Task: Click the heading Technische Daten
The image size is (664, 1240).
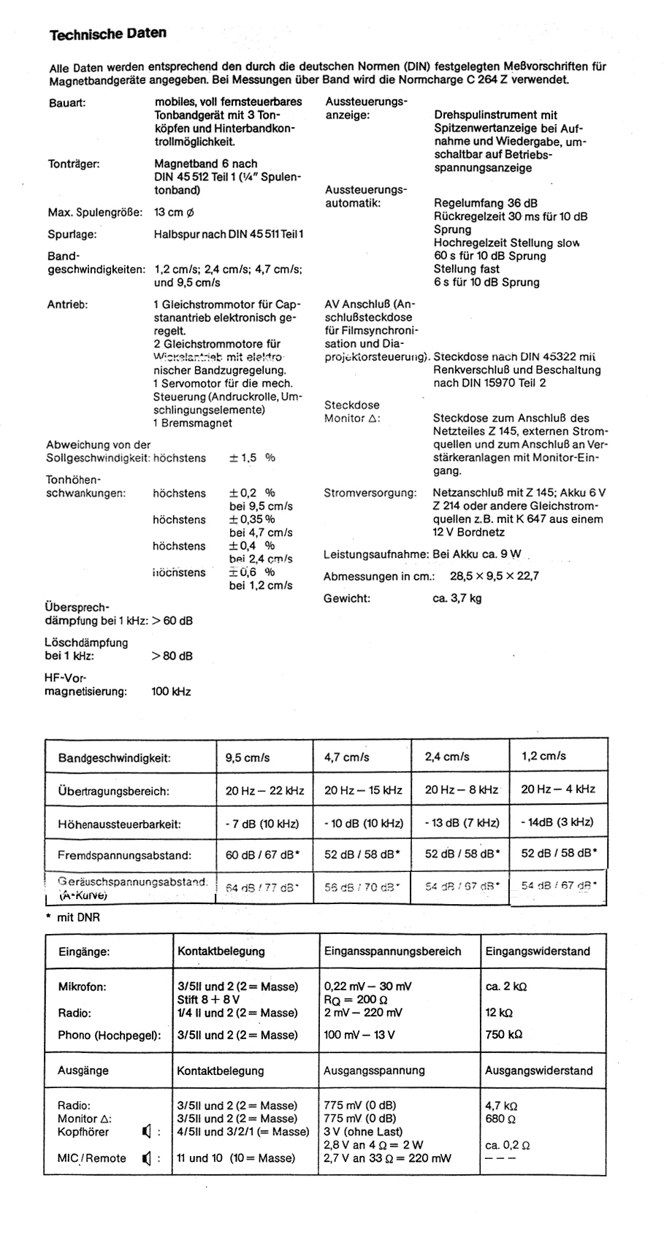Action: click(x=107, y=34)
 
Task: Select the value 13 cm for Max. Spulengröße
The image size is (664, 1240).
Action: click(x=175, y=213)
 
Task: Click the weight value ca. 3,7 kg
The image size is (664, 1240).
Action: click(x=457, y=598)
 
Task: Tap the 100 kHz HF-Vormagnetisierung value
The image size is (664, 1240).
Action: click(x=171, y=691)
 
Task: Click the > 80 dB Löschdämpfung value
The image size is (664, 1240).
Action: click(x=172, y=656)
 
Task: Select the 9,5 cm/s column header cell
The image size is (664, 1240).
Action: click(x=247, y=757)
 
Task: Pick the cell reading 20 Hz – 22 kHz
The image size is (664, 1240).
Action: click(x=264, y=789)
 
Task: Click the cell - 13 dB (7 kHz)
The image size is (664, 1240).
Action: click(x=462, y=823)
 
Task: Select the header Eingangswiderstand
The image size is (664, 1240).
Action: click(x=537, y=951)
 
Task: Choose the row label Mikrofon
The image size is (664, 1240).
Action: click(x=82, y=987)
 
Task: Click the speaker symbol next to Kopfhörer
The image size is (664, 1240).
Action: click(x=148, y=1132)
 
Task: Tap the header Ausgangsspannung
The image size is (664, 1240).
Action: click(x=373, y=1071)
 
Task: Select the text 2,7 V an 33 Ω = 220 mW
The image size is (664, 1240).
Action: click(x=387, y=1157)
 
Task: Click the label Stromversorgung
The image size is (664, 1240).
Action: click(x=370, y=493)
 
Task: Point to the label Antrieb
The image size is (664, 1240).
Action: click(x=67, y=305)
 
